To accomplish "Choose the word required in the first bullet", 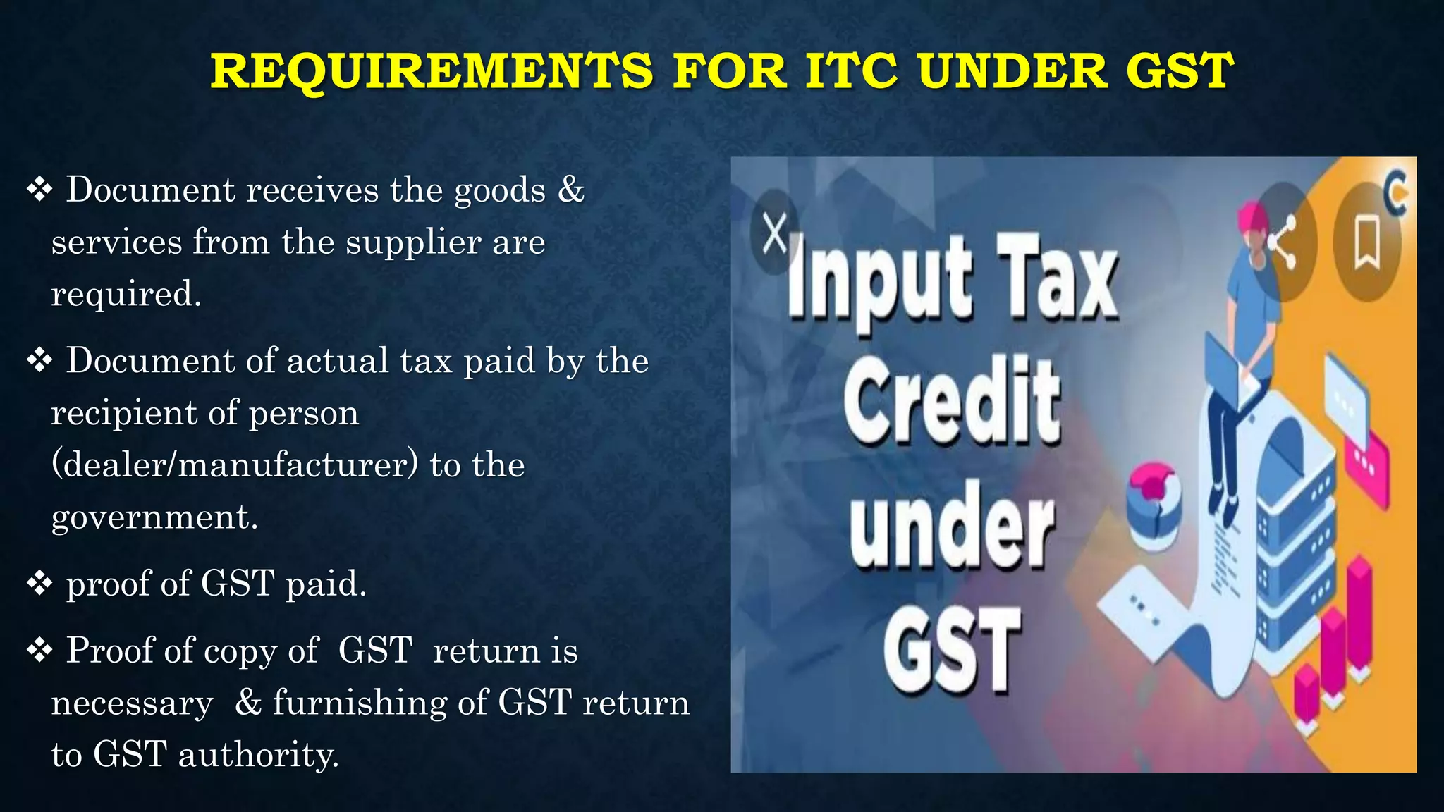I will click(x=126, y=294).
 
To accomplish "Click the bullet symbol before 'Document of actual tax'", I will click(x=39, y=360).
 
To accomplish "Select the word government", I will click(x=154, y=517).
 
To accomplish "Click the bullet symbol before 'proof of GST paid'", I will click(x=39, y=583).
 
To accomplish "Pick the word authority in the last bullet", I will click(x=258, y=755).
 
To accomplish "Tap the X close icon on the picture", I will click(x=775, y=233).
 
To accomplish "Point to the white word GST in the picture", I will click(x=952, y=650).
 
